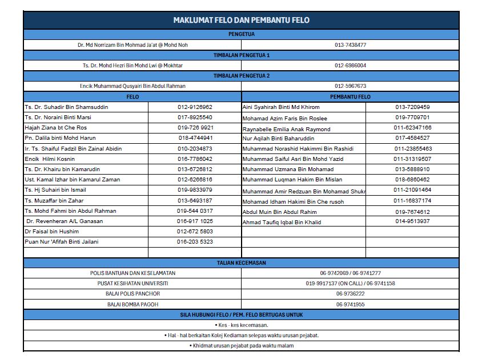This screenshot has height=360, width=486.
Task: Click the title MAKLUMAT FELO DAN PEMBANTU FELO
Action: (x=241, y=20)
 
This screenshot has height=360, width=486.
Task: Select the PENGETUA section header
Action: (x=241, y=34)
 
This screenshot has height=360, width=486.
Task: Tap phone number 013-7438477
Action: (x=350, y=45)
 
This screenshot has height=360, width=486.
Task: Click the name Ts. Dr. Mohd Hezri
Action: (x=132, y=66)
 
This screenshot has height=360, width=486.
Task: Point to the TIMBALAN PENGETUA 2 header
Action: (x=241, y=76)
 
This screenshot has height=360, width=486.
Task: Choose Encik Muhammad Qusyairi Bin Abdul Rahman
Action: (x=132, y=86)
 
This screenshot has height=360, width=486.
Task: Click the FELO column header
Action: (x=132, y=97)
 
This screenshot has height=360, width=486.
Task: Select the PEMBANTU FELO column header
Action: (x=350, y=97)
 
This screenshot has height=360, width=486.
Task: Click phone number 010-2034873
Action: (x=195, y=149)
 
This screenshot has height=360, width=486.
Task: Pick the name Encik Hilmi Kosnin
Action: (x=50, y=159)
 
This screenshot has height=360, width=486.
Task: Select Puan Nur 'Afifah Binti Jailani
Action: (x=62, y=242)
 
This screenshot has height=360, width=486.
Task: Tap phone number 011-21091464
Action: (x=412, y=190)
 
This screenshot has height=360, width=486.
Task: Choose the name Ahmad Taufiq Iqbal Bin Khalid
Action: (x=282, y=223)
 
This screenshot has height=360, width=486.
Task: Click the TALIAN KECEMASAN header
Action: (x=241, y=263)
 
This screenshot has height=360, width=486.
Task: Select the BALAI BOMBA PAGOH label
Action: (x=132, y=305)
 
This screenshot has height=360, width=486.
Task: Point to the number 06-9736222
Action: (x=350, y=294)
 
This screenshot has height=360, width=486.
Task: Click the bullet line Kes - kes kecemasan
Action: (x=241, y=325)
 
